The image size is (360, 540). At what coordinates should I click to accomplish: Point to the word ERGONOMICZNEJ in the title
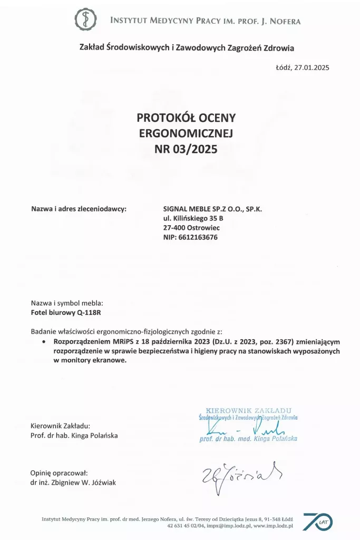coord(186,133)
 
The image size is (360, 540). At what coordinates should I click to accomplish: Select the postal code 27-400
coord(176,228)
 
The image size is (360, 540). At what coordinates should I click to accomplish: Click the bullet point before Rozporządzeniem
coord(44,342)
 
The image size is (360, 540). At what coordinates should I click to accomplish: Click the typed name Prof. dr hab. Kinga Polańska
coord(74,435)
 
